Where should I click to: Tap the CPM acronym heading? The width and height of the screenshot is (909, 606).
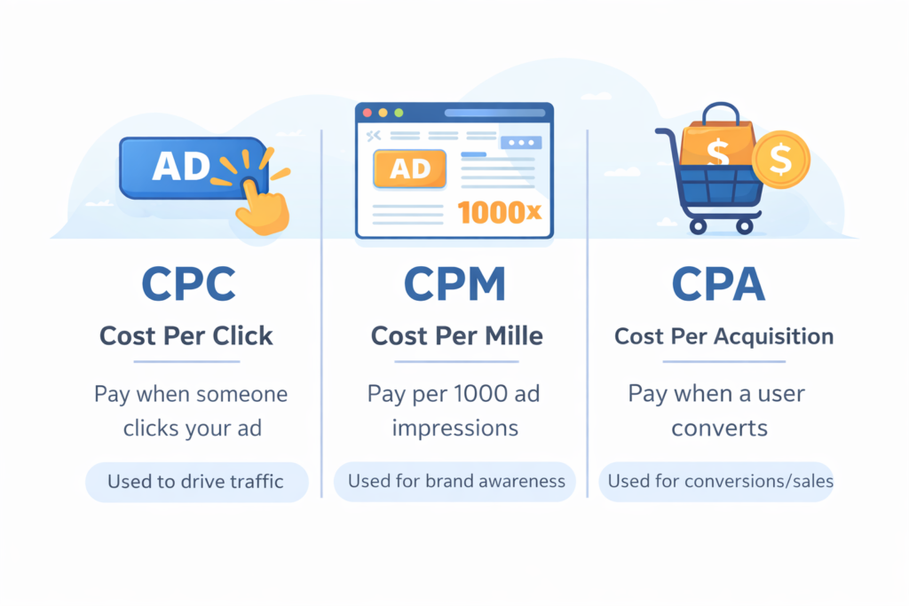coord(454,284)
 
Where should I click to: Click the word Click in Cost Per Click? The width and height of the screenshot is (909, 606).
coord(241,336)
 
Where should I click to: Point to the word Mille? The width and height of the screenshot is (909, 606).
coord(510,336)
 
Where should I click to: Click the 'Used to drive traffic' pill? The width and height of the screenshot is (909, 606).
coord(195,482)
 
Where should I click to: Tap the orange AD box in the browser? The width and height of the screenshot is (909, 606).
coord(410,169)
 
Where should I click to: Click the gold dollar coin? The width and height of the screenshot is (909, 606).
coord(780,159)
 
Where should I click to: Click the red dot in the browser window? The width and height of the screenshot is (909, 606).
coord(367,113)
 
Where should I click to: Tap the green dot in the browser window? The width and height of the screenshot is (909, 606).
coord(399,113)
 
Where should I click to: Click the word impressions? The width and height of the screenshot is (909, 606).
coord(455,428)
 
